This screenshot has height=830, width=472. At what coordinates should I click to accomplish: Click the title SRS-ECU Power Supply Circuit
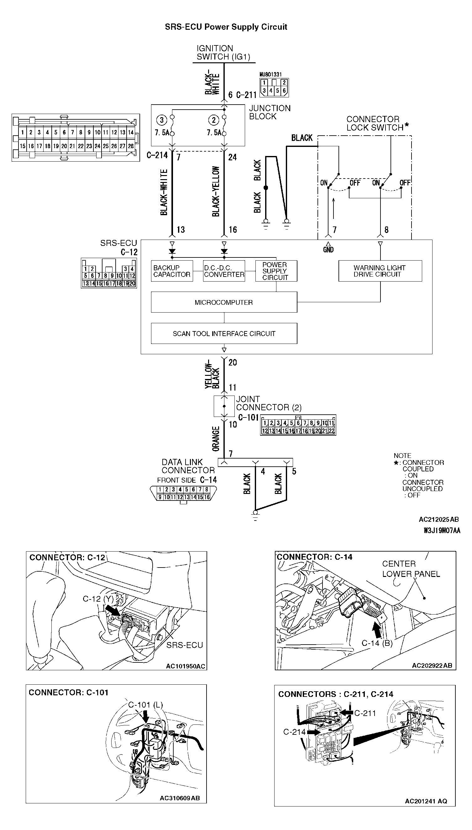coord(226,27)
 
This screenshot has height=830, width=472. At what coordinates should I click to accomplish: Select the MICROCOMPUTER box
coord(224,302)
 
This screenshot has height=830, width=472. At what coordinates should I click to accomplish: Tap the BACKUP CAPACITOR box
coord(172,271)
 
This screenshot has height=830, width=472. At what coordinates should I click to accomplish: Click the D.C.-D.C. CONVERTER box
coord(224,271)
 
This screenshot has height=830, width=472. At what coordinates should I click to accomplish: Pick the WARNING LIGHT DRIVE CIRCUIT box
coord(380,271)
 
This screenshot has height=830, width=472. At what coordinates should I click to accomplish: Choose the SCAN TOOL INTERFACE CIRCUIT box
coord(224,333)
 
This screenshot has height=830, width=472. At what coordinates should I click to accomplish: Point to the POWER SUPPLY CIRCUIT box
coord(276,271)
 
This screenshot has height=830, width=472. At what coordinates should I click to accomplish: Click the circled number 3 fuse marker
coord(162,120)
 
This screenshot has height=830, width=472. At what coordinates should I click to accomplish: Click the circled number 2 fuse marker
coord(214,120)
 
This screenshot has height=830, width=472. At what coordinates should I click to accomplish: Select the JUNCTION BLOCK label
coord(270,112)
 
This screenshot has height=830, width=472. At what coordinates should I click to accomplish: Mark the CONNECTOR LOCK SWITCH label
coord(376,123)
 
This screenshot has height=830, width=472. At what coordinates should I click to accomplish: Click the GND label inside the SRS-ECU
coord(328,249)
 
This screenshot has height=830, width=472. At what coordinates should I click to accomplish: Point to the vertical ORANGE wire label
coord(216,439)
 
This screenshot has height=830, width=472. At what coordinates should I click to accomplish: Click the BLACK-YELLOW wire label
coord(216,191)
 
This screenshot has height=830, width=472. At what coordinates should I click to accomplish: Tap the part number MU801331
coord(270,75)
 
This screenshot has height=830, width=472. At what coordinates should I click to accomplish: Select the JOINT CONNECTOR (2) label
coord(268,403)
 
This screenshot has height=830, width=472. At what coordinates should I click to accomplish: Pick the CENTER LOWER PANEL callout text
coord(411,569)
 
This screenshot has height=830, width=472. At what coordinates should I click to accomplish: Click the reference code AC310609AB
coord(180,798)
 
